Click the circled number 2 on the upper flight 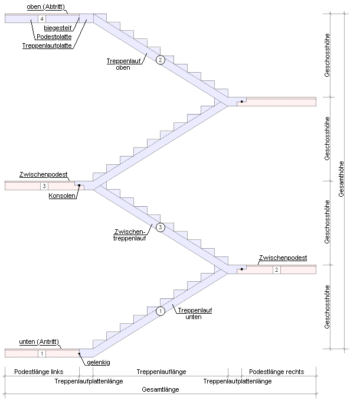point(159,60)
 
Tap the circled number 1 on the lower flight point(159,311)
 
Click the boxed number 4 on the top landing point(41,18)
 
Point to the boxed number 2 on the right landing point(277,270)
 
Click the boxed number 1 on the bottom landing point(41,353)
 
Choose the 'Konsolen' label point(62,197)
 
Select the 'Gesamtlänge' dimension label point(161,390)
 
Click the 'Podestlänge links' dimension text point(38,372)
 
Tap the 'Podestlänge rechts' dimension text point(277,372)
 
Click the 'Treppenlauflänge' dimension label point(161,372)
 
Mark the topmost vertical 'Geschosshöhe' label point(327,56)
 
